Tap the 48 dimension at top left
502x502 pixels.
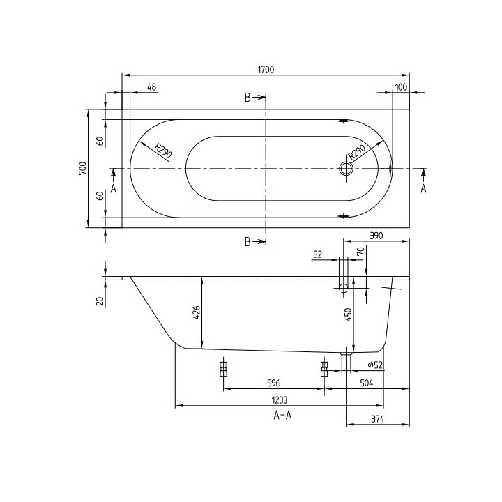tap(152, 87)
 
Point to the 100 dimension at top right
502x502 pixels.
tap(400, 87)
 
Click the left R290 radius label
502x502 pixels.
tap(162, 151)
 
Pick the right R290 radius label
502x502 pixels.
tap(356, 152)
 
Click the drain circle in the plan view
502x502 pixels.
tap(345, 168)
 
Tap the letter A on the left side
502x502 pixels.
tap(113, 188)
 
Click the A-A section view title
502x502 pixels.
tap(283, 416)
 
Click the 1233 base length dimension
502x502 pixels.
tap(278, 400)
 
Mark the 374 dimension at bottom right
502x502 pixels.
tap(377, 419)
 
